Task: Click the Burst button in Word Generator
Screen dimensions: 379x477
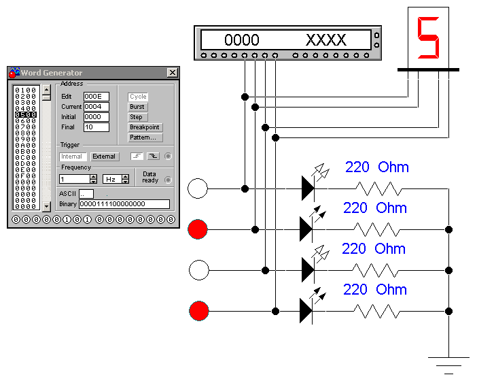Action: coord(137,107)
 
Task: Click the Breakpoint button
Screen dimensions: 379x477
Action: coord(145,127)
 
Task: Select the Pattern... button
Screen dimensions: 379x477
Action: coord(142,137)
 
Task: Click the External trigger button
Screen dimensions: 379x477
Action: coord(104,156)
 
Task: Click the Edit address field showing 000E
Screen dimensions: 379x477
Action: coord(96,97)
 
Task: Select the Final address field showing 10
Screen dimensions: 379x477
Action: coord(96,127)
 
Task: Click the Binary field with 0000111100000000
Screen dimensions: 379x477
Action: coord(124,204)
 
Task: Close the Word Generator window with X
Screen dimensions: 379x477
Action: coord(172,73)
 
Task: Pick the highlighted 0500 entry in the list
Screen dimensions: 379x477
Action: coord(26,114)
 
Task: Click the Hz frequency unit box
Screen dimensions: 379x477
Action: coord(111,179)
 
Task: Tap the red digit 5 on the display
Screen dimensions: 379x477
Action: coord(428,37)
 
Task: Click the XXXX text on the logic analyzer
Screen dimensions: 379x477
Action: coord(325,39)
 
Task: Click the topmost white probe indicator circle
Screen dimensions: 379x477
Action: coord(198,188)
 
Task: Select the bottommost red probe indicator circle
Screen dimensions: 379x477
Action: coord(198,312)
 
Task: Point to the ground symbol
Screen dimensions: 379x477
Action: coord(448,361)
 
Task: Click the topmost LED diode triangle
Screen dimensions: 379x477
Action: coord(307,188)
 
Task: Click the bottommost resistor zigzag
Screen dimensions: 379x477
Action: coord(377,312)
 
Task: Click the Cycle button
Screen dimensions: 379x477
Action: coord(138,97)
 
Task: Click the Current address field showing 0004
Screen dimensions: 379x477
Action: coord(96,107)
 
